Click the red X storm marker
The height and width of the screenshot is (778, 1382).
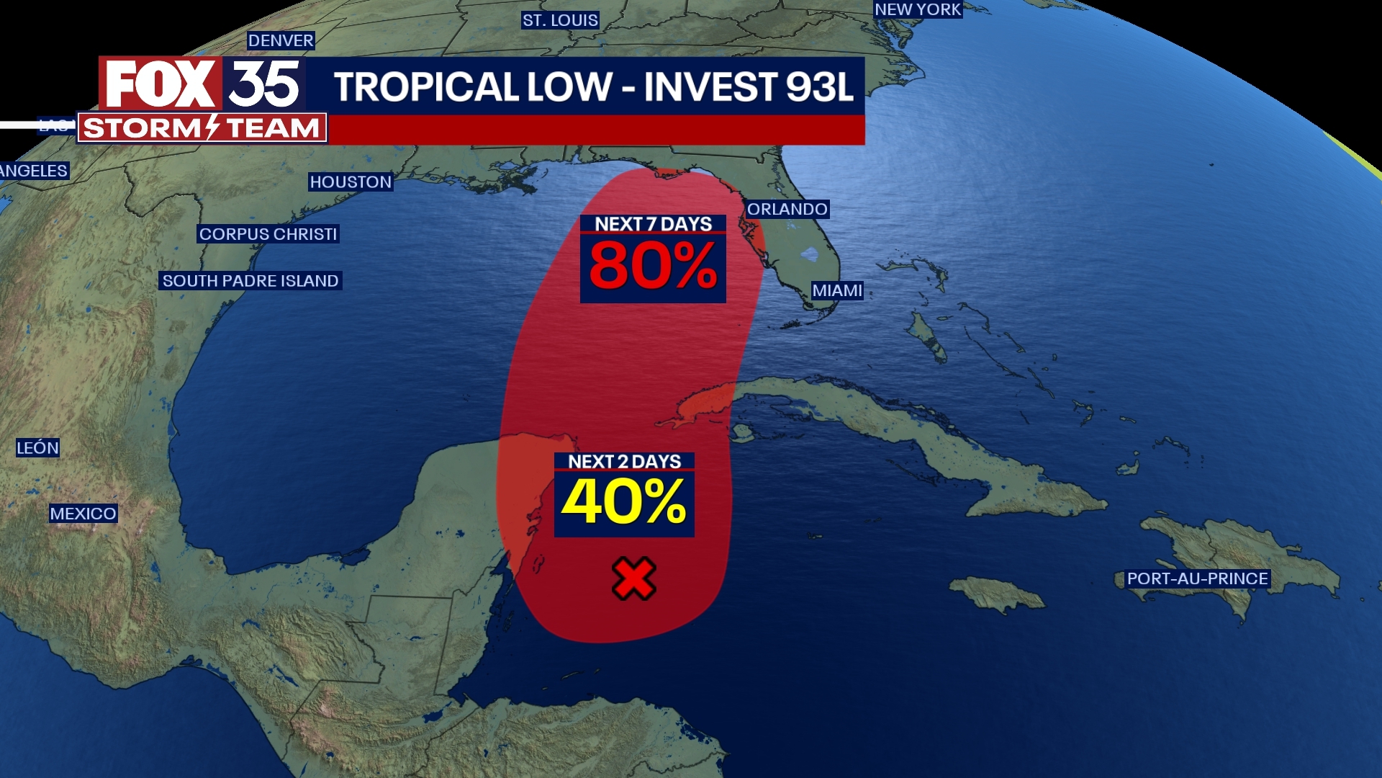[634, 578]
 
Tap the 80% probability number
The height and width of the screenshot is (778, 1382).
[653, 266]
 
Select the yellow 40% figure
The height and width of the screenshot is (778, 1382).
[624, 501]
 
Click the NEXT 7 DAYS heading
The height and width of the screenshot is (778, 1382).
[653, 224]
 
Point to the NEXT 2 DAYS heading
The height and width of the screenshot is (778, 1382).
[624, 461]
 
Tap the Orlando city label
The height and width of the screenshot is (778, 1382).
[787, 209]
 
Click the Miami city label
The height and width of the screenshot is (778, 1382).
[837, 290]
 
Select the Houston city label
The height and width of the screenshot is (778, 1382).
[351, 182]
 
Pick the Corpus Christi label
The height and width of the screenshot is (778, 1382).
[268, 234]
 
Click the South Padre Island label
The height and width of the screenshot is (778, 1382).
[250, 281]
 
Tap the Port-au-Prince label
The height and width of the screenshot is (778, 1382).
[1197, 578]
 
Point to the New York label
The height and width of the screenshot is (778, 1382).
[918, 9]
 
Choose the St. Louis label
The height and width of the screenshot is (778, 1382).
[560, 20]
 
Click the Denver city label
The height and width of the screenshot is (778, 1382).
[281, 40]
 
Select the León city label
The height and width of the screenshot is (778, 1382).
[37, 447]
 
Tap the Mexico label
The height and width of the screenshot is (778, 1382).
[83, 514]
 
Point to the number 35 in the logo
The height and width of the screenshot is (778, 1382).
[264, 84]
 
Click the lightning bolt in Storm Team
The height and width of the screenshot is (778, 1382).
[212, 128]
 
